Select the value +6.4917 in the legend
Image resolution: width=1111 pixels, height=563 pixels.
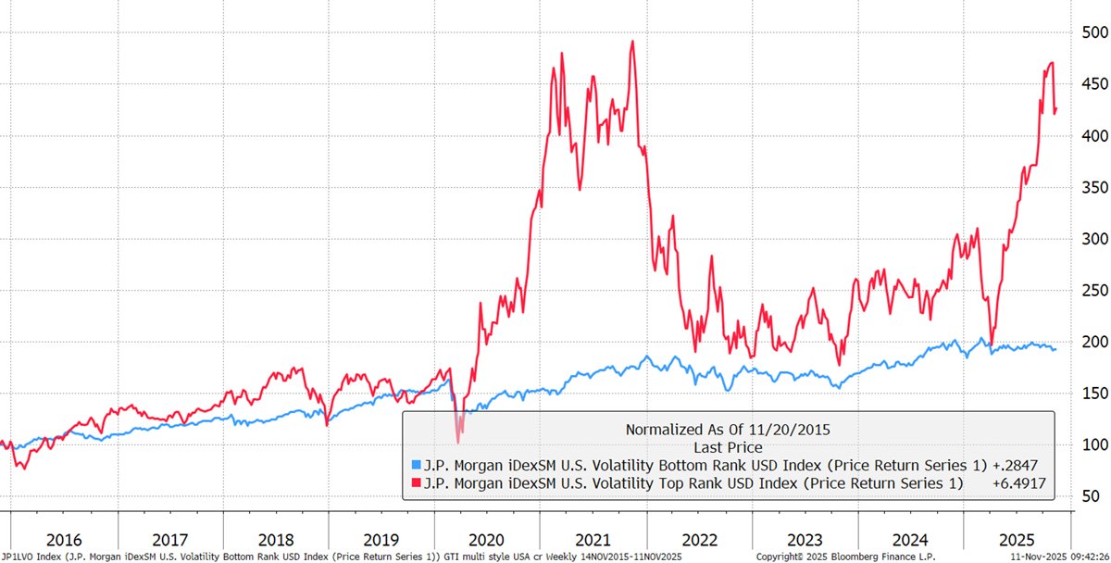point(1012,482)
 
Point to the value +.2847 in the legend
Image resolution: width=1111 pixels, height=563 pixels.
point(1012,465)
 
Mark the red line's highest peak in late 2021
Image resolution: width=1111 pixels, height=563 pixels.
point(631,41)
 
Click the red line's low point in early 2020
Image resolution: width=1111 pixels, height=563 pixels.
point(458,443)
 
